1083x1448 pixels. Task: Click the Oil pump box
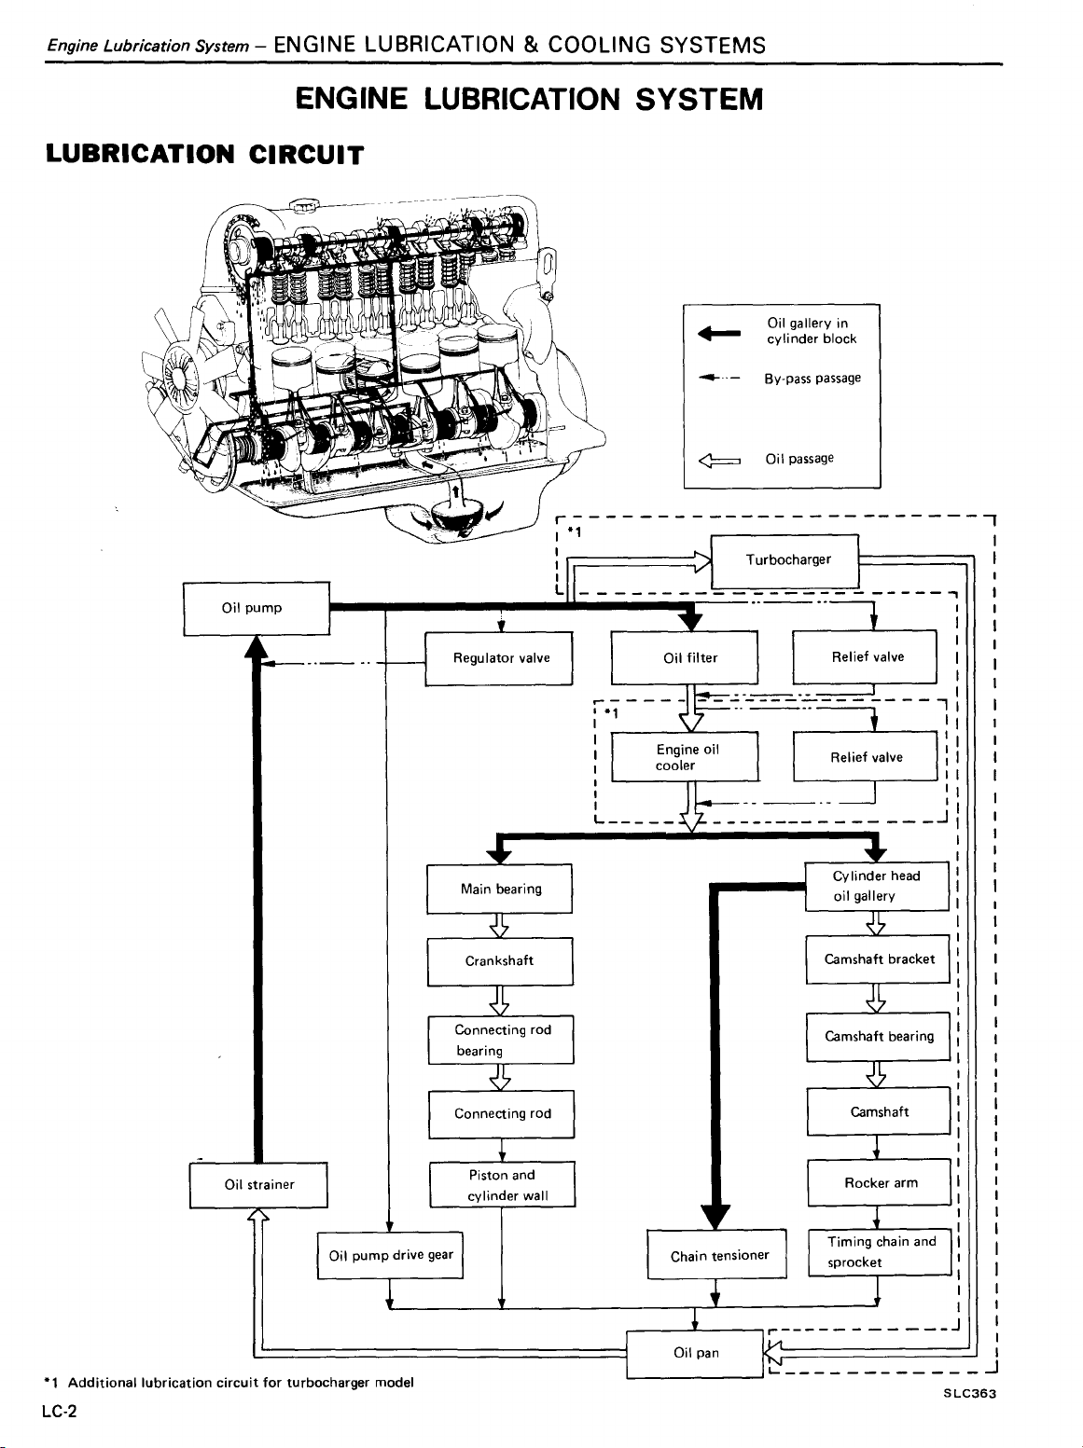257,608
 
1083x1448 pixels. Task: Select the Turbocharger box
784,560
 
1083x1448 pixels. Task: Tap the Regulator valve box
498,658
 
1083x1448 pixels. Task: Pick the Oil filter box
685,657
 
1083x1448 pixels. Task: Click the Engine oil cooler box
685,757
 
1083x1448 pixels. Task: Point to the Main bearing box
500,889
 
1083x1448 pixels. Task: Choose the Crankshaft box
500,961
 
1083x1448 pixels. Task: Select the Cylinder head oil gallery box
877,886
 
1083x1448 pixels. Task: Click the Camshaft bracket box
878,959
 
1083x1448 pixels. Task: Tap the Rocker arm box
879,1183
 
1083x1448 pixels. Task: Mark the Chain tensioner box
716,1255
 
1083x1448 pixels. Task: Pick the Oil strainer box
258,1185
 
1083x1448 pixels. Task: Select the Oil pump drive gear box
390,1255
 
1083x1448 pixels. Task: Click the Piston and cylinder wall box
502,1185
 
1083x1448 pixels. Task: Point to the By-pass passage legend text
812,379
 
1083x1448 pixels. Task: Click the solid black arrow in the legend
719,334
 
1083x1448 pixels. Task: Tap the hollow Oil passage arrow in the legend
719,460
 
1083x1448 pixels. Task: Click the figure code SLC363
969,1394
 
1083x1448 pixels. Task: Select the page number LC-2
60,1411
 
